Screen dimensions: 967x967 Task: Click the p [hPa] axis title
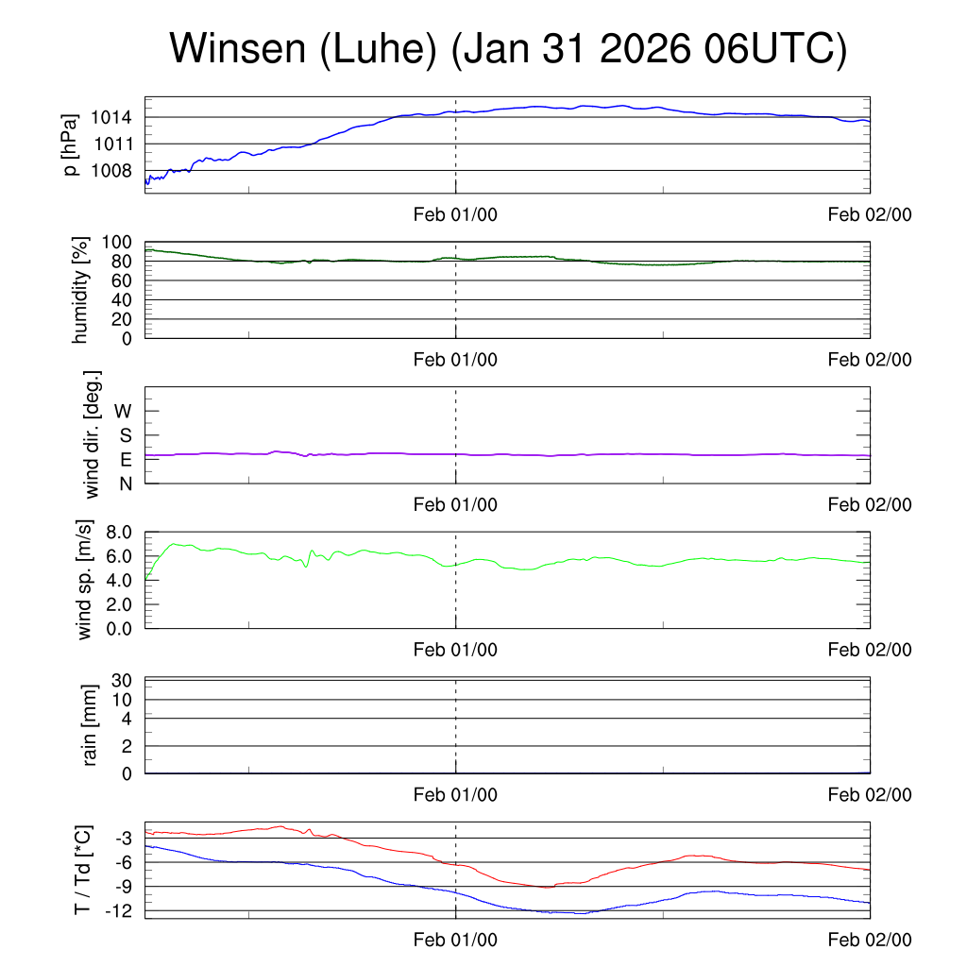pos(69,144)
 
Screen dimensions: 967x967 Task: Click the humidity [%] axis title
pos(79,290)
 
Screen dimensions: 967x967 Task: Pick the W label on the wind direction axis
pos(124,411)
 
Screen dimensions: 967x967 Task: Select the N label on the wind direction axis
pos(125,483)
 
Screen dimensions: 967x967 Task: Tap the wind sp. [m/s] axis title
pos(85,579)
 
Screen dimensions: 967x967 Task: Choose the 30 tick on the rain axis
pos(123,680)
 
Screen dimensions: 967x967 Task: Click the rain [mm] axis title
pos(91,725)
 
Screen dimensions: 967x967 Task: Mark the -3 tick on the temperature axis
pos(123,839)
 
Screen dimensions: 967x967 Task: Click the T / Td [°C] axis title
pos(82,870)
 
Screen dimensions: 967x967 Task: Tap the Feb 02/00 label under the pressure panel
pos(870,214)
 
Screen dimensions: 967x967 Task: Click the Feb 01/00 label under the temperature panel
pos(455,940)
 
